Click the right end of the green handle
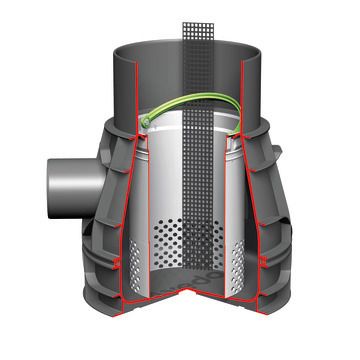click(x=239, y=128)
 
